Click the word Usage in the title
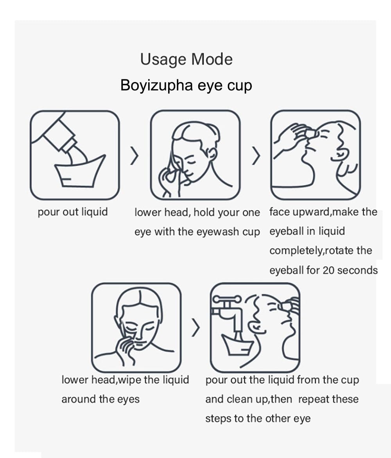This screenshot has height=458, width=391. coord(163,59)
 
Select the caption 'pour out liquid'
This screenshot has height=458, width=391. coord(73,212)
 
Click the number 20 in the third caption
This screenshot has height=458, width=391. coord(328,270)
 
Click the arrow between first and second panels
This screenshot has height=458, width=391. coord(134,155)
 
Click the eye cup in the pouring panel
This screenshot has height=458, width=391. coord(79,171)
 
